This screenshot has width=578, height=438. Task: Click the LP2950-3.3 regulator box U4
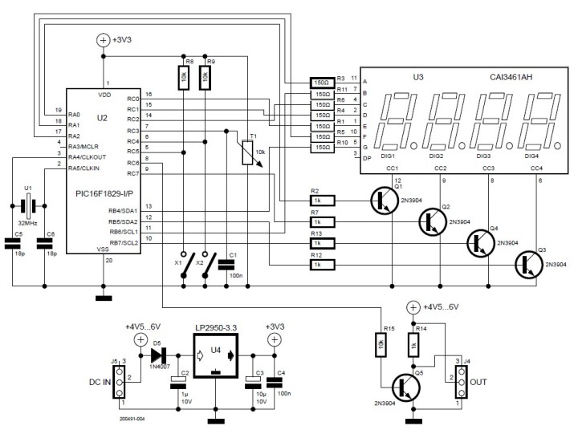tap(215, 351)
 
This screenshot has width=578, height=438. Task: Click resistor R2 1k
tap(319, 201)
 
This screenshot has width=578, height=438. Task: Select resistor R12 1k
tap(319, 263)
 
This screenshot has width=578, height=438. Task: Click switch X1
tap(185, 264)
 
